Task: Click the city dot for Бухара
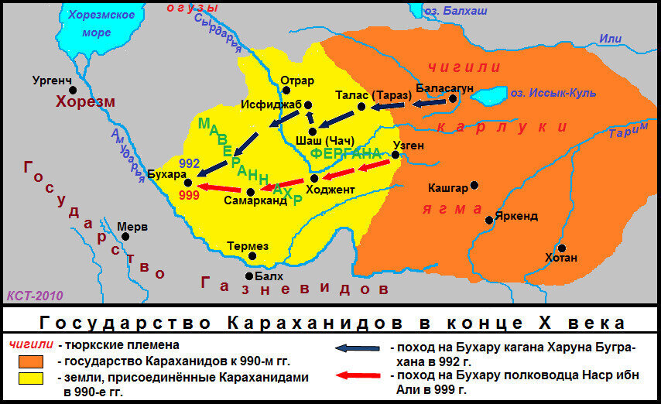tap(187, 181)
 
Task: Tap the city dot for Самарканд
tap(250, 192)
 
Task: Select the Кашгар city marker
tap(474, 185)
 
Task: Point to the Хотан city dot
tap(562, 248)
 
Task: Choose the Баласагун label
tap(444, 87)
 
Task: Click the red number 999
tap(189, 195)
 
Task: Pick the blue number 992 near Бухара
tap(189, 164)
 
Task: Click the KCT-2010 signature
tap(35, 295)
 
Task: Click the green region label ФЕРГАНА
tap(346, 153)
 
